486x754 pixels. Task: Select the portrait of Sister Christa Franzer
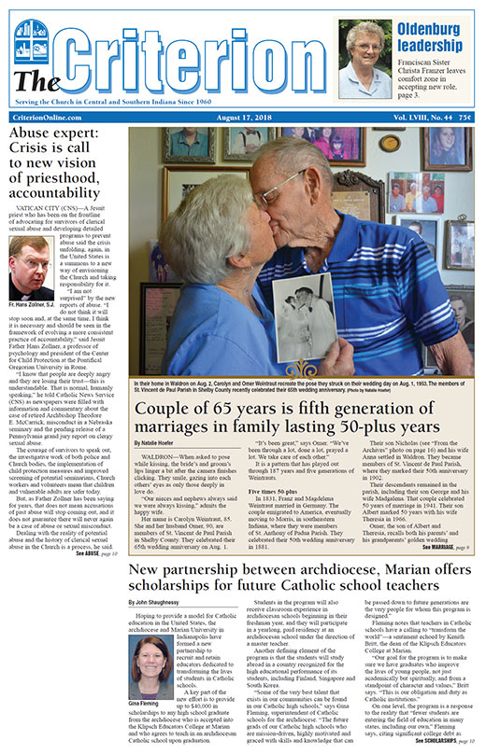pos(363,60)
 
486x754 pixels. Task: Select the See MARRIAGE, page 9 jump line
pos(445,547)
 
